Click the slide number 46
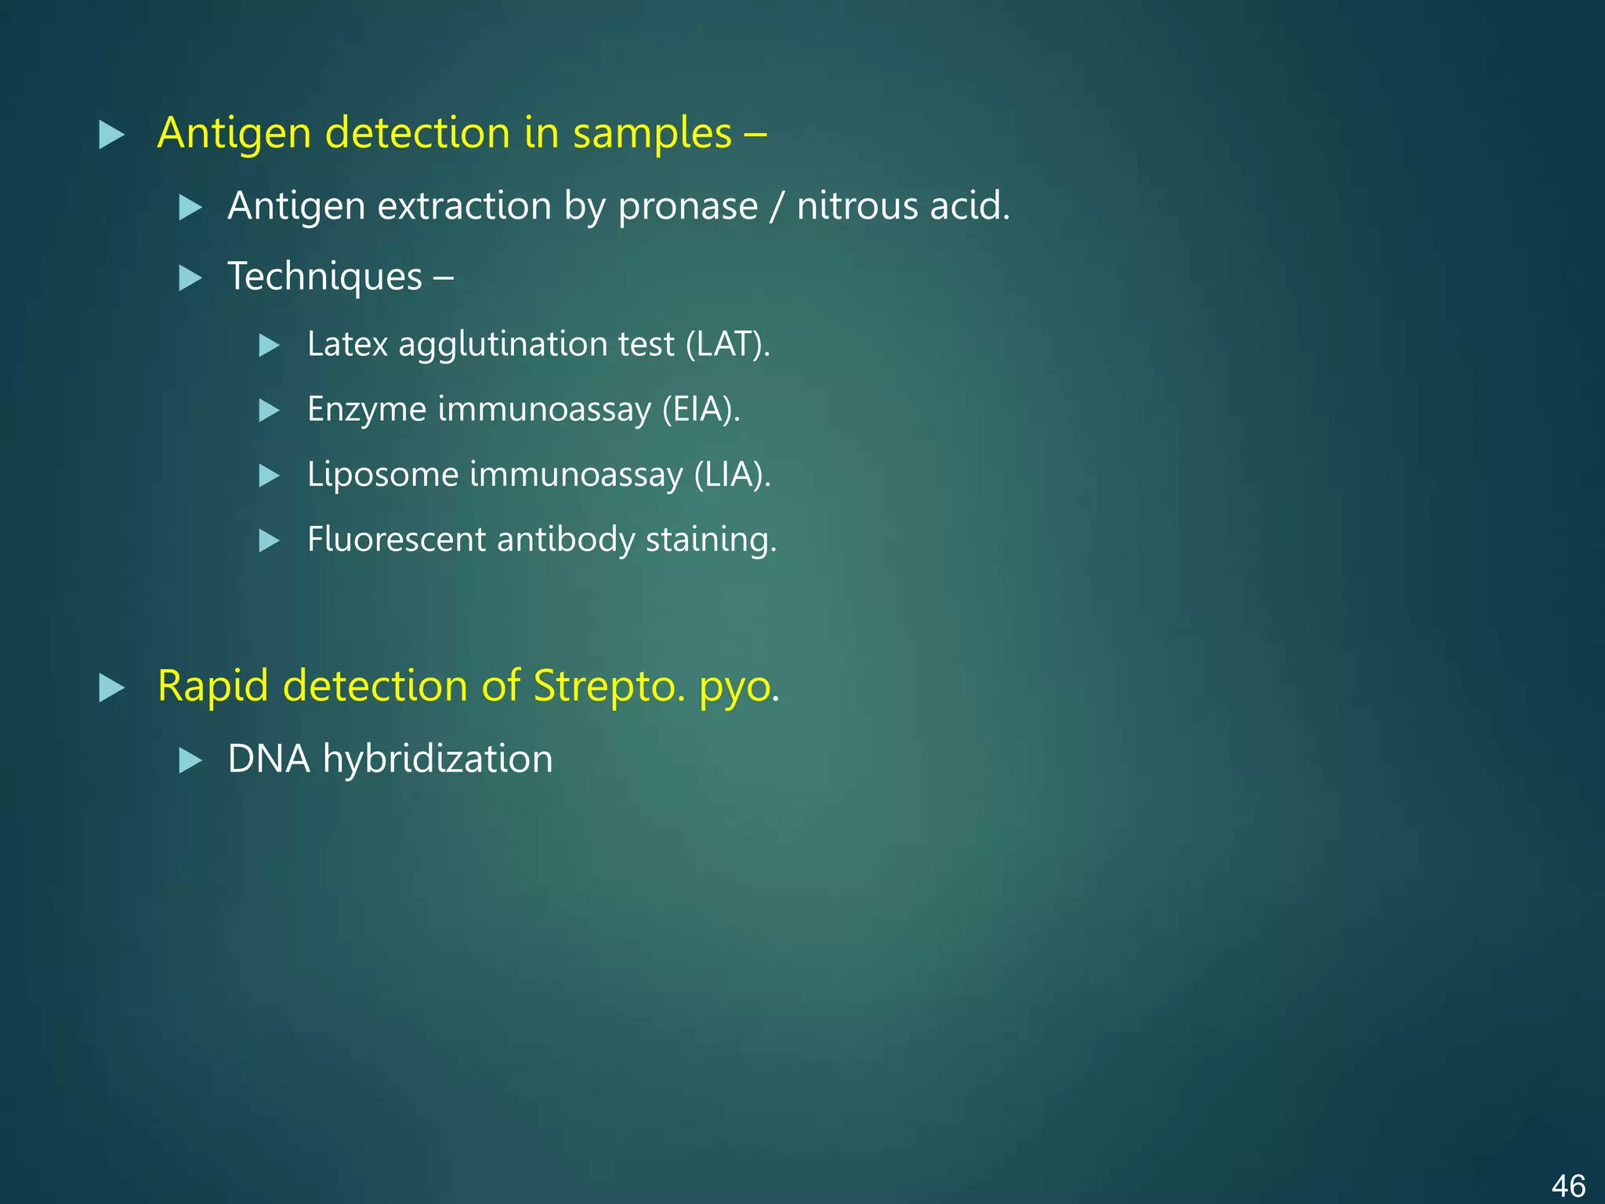1568,1185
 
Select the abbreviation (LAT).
727,344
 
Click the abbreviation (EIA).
701,409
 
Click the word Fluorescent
397,539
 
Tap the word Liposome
382,474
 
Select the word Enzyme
367,409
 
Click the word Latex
347,344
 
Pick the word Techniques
324,277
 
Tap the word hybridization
437,759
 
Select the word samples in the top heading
652,133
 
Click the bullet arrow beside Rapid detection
111,687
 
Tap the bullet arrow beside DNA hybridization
190,760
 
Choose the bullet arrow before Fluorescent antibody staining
269,541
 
